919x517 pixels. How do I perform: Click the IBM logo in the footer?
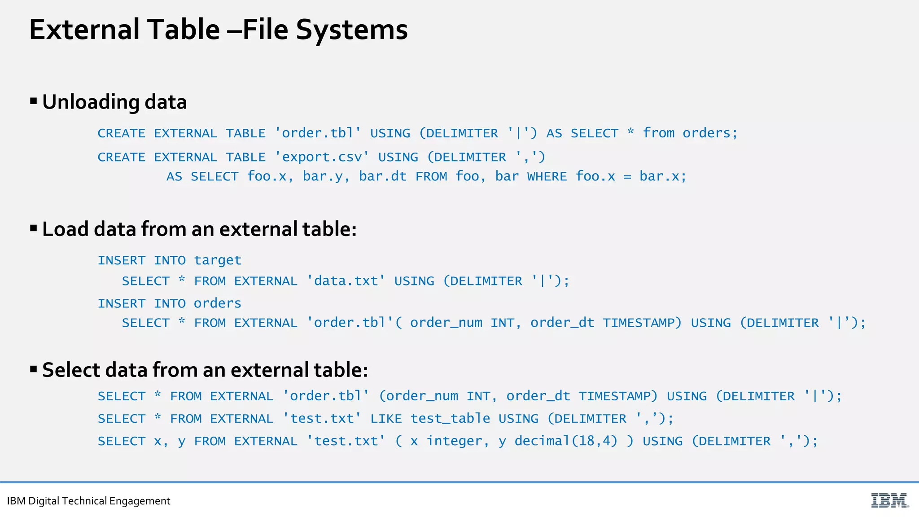click(x=889, y=500)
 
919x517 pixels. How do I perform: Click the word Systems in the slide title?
click(x=351, y=30)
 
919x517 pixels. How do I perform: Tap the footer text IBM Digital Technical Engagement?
click(x=89, y=501)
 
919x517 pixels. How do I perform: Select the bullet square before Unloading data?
click(x=34, y=101)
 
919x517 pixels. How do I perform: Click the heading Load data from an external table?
click(x=199, y=229)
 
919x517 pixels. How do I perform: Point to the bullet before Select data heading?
click(x=34, y=369)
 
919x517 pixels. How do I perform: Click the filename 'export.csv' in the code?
click(x=322, y=157)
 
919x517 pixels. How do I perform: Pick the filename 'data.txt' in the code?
click(x=346, y=281)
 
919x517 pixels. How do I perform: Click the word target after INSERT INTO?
click(x=218, y=260)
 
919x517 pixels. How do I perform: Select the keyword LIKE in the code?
click(x=386, y=419)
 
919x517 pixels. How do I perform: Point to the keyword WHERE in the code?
click(x=547, y=176)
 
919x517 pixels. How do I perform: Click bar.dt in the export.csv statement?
click(x=382, y=176)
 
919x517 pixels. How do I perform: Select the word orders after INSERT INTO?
click(x=218, y=303)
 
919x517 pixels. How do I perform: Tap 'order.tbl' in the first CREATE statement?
click(x=318, y=133)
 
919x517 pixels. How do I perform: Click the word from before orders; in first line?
click(x=659, y=133)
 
